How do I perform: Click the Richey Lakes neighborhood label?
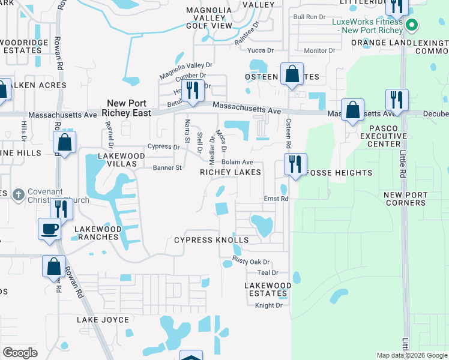coord(231,172)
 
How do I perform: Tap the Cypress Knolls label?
coord(211,240)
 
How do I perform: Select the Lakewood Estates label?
coord(268,289)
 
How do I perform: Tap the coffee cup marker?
coord(49,229)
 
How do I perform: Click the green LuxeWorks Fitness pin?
coord(411,25)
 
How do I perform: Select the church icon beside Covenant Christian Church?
coord(19,194)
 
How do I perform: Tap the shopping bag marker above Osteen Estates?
coord(292,74)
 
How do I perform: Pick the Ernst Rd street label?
coord(276,199)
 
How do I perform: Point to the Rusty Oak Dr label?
coord(252,262)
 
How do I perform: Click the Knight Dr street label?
coord(268,305)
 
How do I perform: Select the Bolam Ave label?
coord(237,163)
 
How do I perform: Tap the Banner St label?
coord(167,168)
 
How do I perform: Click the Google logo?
coord(20,353)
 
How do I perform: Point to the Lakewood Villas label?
coord(122,160)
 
